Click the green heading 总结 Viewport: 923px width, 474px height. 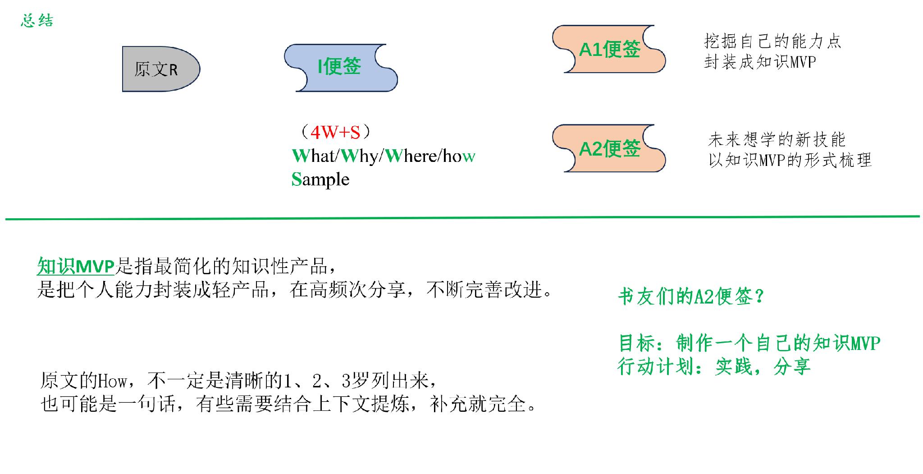pyautogui.click(x=37, y=21)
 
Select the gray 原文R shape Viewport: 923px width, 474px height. pyautogui.click(x=161, y=69)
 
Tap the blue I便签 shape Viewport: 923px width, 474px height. pyautogui.click(x=341, y=68)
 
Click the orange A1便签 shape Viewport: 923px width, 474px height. pyautogui.click(x=609, y=49)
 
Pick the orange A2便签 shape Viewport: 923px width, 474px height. pyautogui.click(x=609, y=148)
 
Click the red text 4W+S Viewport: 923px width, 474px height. pyautogui.click(x=336, y=132)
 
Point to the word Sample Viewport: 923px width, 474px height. pyautogui.click(x=320, y=179)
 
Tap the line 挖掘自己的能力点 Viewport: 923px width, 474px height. pyautogui.click(x=772, y=41)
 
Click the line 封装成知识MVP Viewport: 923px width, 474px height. pyautogui.click(x=760, y=62)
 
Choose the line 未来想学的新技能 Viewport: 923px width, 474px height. pyautogui.click(x=777, y=140)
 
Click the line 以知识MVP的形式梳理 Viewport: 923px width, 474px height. pyautogui.click(x=790, y=160)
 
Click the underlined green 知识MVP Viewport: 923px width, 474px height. pyautogui.click(x=76, y=267)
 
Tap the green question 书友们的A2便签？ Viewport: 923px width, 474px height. pyautogui.click(x=691, y=297)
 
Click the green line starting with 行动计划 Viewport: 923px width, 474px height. pyautogui.click(x=714, y=367)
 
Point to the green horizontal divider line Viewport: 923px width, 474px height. pyautogui.click(x=462, y=218)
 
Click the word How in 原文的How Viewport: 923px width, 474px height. pyautogui.click(x=113, y=382)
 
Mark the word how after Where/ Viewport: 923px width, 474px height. pyautogui.click(x=459, y=156)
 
